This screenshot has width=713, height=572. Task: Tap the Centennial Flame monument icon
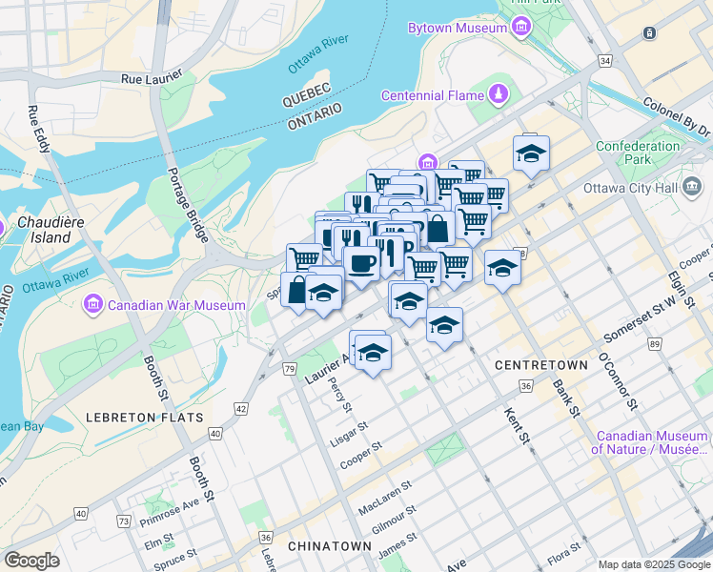498,95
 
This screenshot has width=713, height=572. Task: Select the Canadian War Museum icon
93,305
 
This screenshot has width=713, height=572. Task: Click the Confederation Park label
638,153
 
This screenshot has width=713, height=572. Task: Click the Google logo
31,561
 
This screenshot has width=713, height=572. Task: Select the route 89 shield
654,343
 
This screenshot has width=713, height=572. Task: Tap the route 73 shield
123,521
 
